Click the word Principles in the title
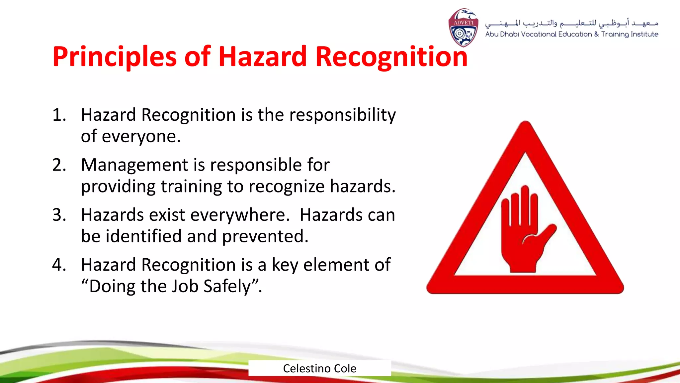tap(114, 57)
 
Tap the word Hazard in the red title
tap(262, 57)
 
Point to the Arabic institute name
tap(571, 23)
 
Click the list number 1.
tap(59, 115)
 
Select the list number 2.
tap(59, 165)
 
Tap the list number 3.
tap(59, 215)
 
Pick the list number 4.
tap(59, 265)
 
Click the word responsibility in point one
tap(342, 115)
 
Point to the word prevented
tap(265, 236)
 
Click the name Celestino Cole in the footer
tap(319, 368)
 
